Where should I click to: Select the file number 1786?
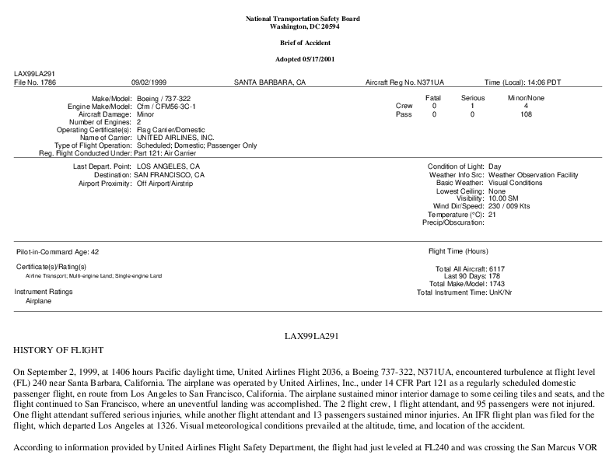[x=40, y=82]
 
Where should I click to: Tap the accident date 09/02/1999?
[x=150, y=82]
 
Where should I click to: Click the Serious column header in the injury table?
[x=472, y=98]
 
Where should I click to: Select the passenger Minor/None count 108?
[x=526, y=114]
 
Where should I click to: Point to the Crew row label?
[x=404, y=106]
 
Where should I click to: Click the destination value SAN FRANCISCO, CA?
[x=169, y=175]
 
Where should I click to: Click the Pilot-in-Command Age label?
[x=57, y=252]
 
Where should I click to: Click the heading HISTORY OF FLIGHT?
[x=58, y=350]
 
